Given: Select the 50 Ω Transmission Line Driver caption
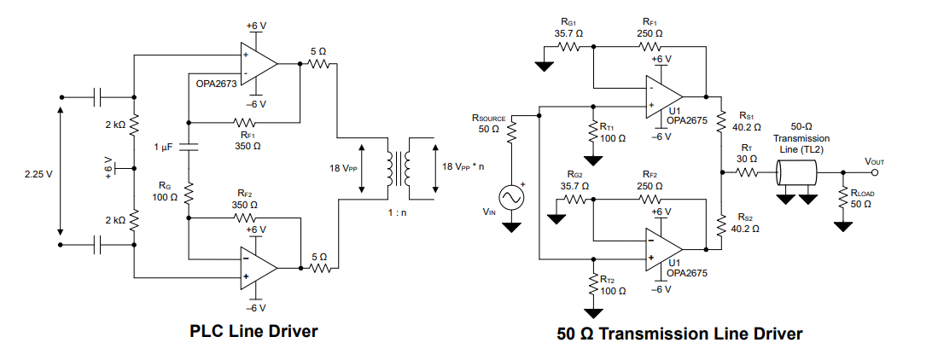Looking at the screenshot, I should [x=679, y=334].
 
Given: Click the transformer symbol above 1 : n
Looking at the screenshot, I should [x=399, y=163].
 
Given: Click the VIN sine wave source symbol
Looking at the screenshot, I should [x=512, y=198].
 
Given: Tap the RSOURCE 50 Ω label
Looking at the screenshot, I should [x=489, y=122].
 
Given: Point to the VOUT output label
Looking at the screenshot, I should [x=876, y=161].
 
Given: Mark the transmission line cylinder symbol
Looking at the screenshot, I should [x=796, y=176].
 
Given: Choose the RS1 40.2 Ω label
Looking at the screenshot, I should [x=746, y=121].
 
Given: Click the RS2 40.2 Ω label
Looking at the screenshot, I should [x=746, y=224].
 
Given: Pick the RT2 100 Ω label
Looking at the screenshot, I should [x=613, y=285].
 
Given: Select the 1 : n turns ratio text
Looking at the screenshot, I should [x=397, y=212].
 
